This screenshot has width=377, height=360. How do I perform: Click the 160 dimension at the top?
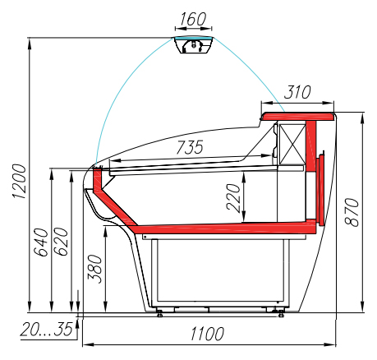point(193,19)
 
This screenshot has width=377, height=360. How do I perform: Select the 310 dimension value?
point(297,92)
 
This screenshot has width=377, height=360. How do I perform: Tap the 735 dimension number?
point(190,147)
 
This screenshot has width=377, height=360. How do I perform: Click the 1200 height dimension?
point(19,182)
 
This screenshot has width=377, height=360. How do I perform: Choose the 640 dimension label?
point(40,242)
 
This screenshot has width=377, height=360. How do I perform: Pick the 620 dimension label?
point(61,242)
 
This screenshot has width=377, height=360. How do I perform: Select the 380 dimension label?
point(94,269)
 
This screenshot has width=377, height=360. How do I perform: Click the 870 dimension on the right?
point(352,212)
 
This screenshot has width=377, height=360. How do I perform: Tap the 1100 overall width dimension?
point(207,334)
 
